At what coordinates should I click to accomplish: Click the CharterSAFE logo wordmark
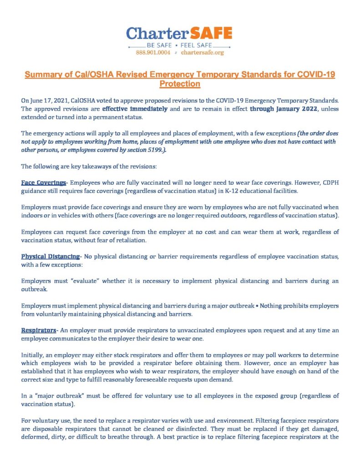pyautogui.click(x=179, y=34)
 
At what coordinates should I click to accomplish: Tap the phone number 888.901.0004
pyautogui.click(x=153, y=53)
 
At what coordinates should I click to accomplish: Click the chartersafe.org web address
pyautogui.click(x=203, y=53)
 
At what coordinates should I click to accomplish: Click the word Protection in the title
pyautogui.click(x=180, y=84)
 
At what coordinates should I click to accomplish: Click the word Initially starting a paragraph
pyautogui.click(x=34, y=355)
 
